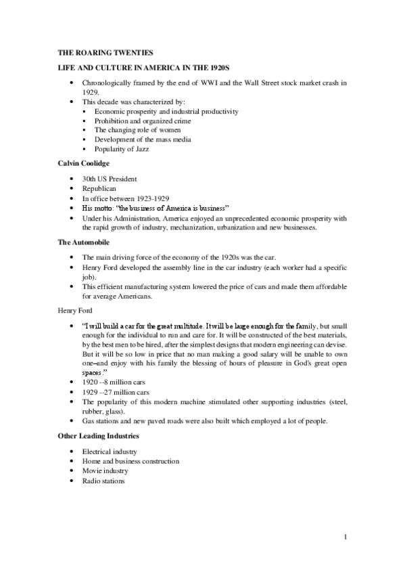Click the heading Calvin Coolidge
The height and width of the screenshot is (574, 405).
tap(79, 163)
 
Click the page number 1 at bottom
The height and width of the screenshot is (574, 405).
tap(346, 537)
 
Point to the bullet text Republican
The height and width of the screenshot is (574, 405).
tap(99, 189)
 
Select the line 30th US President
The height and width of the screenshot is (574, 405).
tap(109, 179)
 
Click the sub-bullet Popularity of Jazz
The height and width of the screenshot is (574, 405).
tap(122, 149)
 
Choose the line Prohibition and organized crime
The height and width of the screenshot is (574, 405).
tap(143, 120)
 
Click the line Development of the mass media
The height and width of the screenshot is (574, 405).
tap(143, 139)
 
